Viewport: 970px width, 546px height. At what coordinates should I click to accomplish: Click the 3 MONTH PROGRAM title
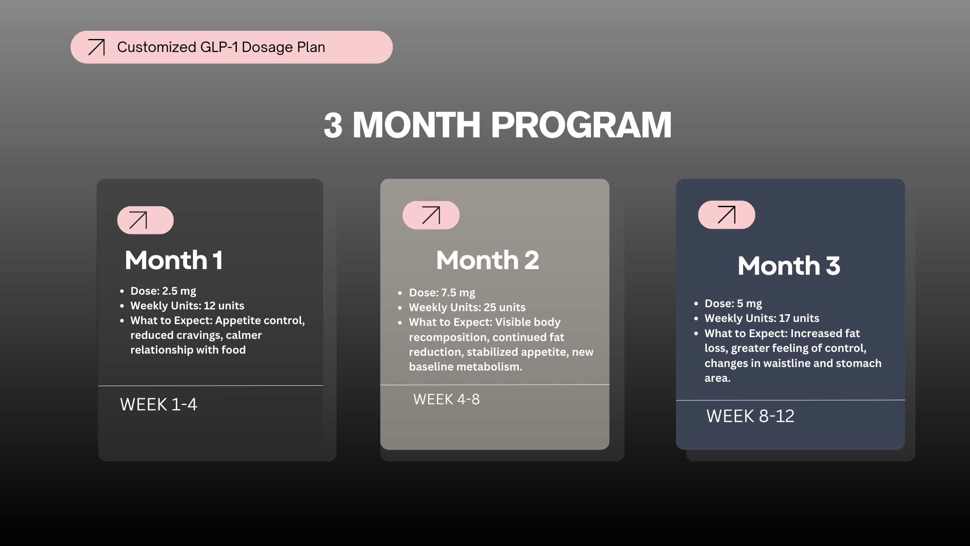click(498, 125)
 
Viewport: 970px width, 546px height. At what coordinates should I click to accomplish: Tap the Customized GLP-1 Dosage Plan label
click(221, 47)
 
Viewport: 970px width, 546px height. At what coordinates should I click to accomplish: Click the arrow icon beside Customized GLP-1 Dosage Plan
click(96, 47)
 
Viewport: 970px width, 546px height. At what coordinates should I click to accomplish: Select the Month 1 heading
click(174, 260)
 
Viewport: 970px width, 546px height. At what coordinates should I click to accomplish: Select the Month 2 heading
click(488, 260)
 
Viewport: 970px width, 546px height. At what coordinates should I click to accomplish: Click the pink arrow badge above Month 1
click(145, 220)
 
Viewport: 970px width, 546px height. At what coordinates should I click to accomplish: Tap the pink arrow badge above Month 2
click(431, 215)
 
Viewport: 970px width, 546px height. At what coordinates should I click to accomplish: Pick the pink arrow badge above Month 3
click(727, 214)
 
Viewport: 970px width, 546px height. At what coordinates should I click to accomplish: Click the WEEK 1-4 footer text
click(158, 404)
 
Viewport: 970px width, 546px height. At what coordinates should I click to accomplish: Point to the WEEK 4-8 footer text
click(446, 399)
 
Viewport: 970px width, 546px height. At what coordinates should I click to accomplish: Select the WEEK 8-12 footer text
click(750, 416)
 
